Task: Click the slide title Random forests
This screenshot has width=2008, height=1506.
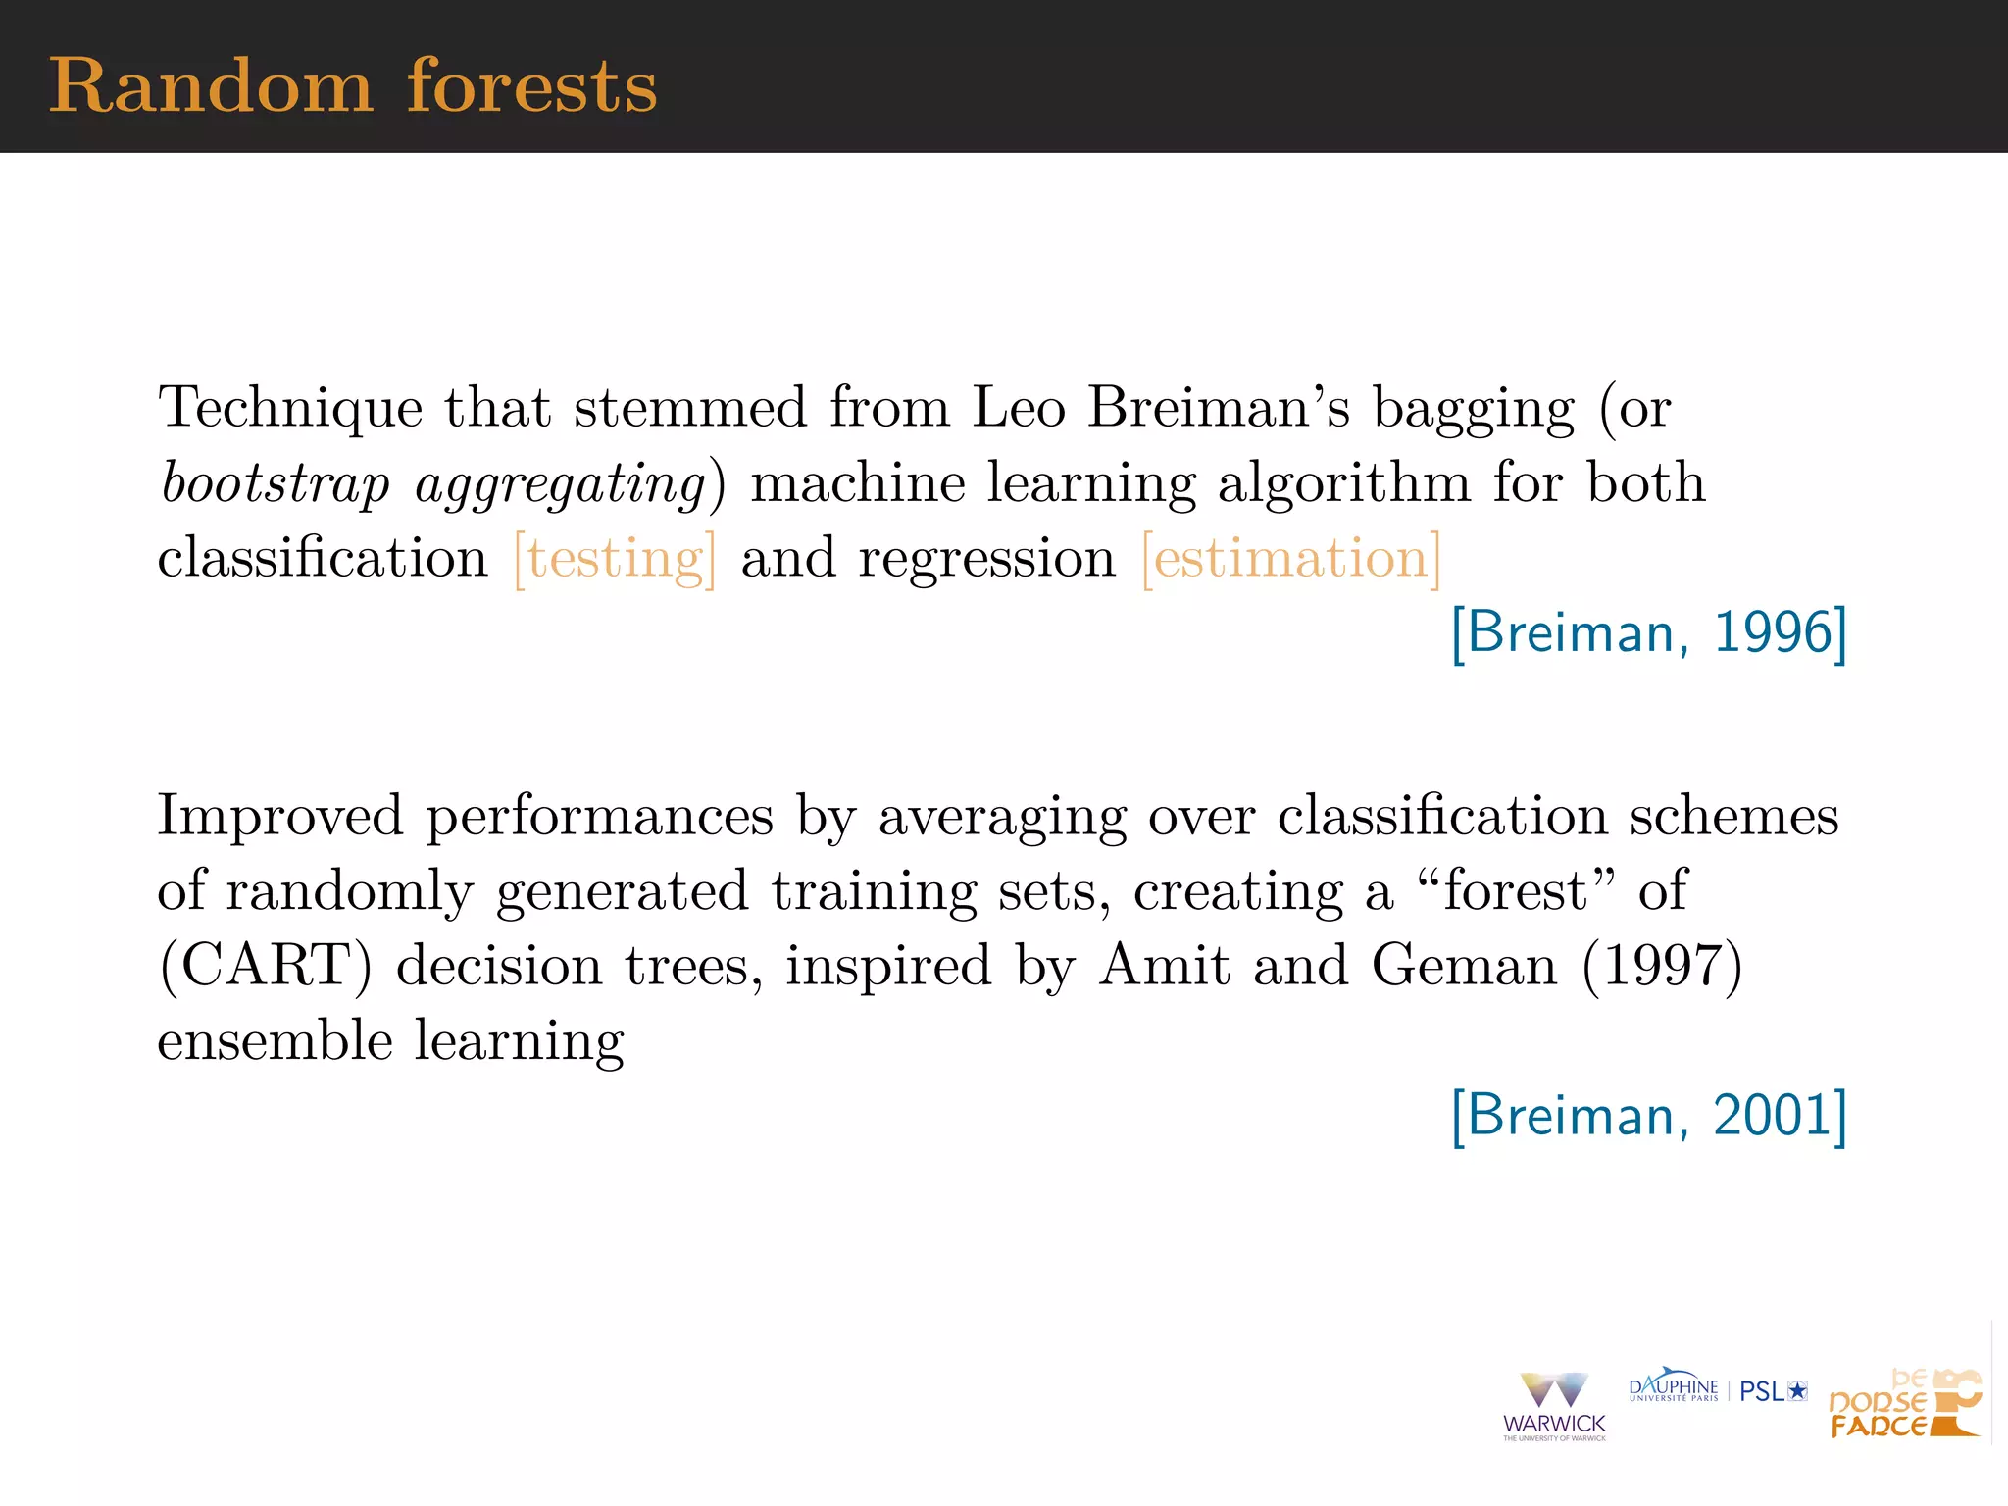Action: pyautogui.click(x=353, y=86)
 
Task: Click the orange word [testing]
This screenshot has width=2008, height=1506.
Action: pyautogui.click(x=615, y=559)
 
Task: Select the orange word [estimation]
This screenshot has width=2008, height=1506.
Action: pyautogui.click(x=1291, y=559)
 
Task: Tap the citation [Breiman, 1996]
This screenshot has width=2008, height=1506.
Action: pyautogui.click(x=1649, y=632)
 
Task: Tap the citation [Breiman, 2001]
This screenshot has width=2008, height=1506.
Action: pyautogui.click(x=1649, y=1116)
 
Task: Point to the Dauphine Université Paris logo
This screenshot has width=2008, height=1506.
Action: pyautogui.click(x=1673, y=1386)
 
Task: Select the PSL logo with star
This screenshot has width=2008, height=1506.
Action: pyautogui.click(x=1773, y=1391)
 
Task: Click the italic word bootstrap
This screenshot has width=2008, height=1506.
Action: pyautogui.click(x=276, y=484)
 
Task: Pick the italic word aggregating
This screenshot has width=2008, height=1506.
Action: pyautogui.click(x=560, y=484)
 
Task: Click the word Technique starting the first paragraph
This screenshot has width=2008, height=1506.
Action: pyautogui.click(x=290, y=408)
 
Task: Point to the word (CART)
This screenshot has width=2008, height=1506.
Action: pyautogui.click(x=266, y=966)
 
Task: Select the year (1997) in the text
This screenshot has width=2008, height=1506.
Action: pyautogui.click(x=1662, y=966)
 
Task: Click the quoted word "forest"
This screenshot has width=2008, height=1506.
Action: pyautogui.click(x=1516, y=890)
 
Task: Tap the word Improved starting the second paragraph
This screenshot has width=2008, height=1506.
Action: pyautogui.click(x=279, y=816)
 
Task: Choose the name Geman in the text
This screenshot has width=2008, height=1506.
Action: pyautogui.click(x=1464, y=966)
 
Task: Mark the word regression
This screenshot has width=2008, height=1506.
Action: pyautogui.click(x=986, y=559)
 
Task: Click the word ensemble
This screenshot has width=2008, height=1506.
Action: pyautogui.click(x=275, y=1041)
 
